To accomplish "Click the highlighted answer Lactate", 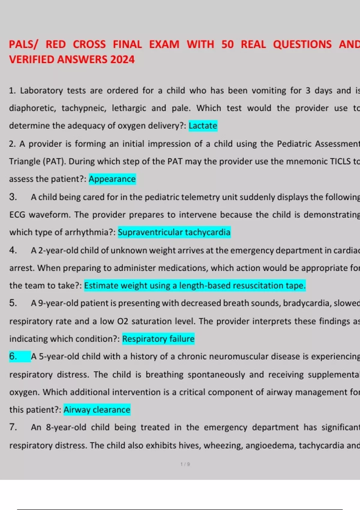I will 203,126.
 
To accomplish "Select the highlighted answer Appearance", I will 112,179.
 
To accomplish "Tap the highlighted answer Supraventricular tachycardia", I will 174,232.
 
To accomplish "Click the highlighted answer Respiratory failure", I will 158,339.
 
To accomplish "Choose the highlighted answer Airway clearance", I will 97,410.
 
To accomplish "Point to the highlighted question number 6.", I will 13,356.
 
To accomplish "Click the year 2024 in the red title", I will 122,59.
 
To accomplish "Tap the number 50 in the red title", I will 227,44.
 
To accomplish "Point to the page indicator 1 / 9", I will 185,464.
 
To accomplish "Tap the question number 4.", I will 13,250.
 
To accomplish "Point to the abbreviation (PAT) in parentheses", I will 54,161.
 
